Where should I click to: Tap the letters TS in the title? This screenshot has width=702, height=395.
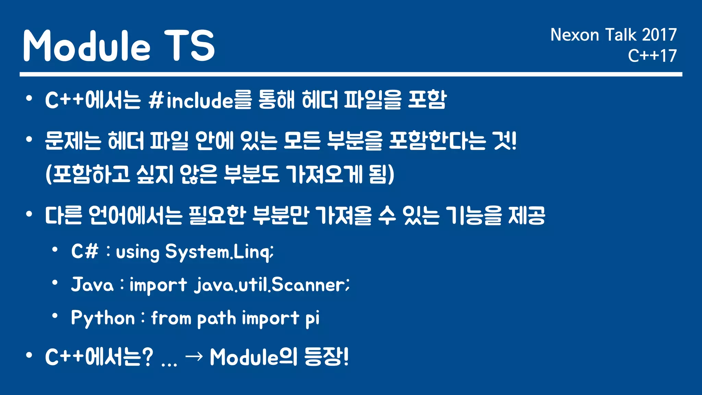click(189, 46)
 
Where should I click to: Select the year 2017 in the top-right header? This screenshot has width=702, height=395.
click(659, 35)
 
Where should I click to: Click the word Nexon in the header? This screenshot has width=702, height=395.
click(574, 35)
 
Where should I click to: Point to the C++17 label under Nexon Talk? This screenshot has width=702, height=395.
click(652, 56)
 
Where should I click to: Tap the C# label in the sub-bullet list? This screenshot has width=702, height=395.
click(85, 251)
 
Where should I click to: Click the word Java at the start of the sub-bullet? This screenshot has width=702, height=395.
click(92, 285)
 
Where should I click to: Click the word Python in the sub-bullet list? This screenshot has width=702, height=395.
click(103, 318)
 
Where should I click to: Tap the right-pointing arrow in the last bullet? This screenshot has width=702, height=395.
click(194, 357)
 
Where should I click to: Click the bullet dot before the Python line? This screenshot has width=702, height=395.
click(55, 316)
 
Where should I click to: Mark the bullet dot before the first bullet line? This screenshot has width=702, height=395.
click(29, 99)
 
